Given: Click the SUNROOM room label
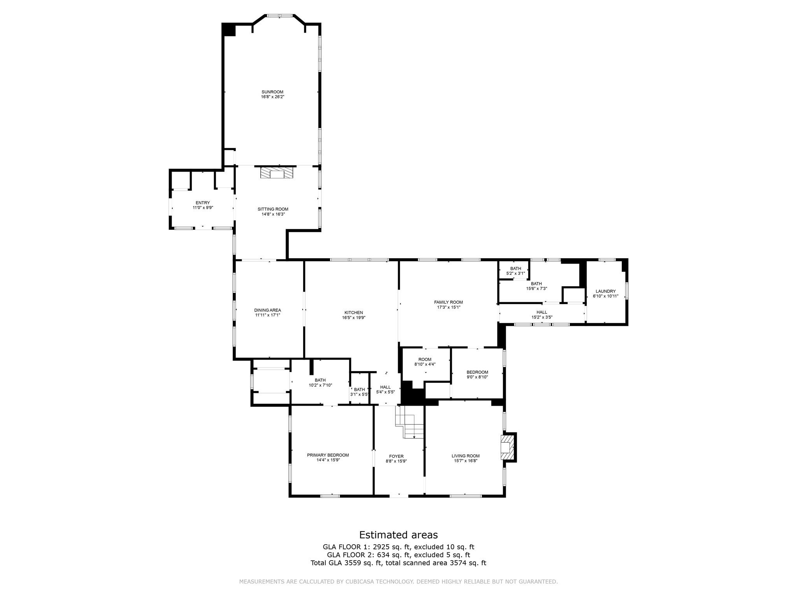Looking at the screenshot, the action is click(272, 92).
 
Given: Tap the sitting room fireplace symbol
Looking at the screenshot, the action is click(277, 172).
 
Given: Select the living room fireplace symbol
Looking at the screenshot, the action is click(506, 447).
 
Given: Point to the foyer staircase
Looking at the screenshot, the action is click(409, 422).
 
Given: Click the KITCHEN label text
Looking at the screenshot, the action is click(354, 313).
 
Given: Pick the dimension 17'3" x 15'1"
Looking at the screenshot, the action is click(449, 307).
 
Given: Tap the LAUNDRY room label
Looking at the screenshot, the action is click(606, 291).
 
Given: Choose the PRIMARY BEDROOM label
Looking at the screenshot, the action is click(328, 455).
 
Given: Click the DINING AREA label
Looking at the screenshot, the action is click(268, 310).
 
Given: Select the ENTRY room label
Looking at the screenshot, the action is click(203, 203).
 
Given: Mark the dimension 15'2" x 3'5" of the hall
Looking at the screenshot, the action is click(542, 317).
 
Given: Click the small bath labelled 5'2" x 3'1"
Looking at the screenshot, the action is click(516, 271).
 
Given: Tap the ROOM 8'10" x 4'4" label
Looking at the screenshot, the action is click(425, 362).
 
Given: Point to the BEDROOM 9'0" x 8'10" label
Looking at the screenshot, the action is click(477, 375).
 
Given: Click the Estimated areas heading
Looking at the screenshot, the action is click(398, 535).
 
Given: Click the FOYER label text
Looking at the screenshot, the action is click(396, 456).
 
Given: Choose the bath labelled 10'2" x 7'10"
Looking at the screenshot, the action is click(320, 383).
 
